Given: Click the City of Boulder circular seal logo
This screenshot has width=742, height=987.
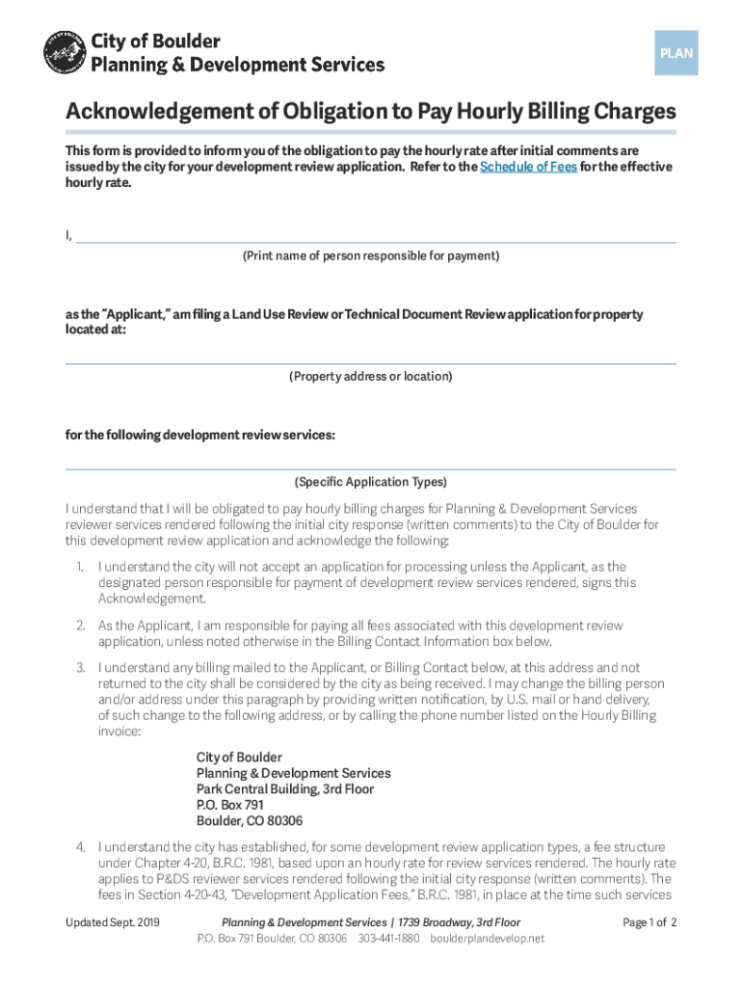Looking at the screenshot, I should pyautogui.click(x=65, y=53).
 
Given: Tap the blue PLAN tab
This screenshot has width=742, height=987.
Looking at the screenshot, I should pyautogui.click(x=676, y=54).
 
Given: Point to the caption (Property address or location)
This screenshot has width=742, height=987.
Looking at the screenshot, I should pyautogui.click(x=370, y=376).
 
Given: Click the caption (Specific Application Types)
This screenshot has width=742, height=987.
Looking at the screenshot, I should pyautogui.click(x=370, y=482).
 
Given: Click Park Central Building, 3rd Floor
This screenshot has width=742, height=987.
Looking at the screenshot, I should pyautogui.click(x=285, y=789).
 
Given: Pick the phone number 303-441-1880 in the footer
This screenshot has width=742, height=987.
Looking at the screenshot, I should pyautogui.click(x=389, y=938).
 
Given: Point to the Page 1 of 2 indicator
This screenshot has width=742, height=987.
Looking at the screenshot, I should pyautogui.click(x=650, y=922).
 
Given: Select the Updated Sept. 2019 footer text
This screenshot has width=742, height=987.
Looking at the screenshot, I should pyautogui.click(x=112, y=922).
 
